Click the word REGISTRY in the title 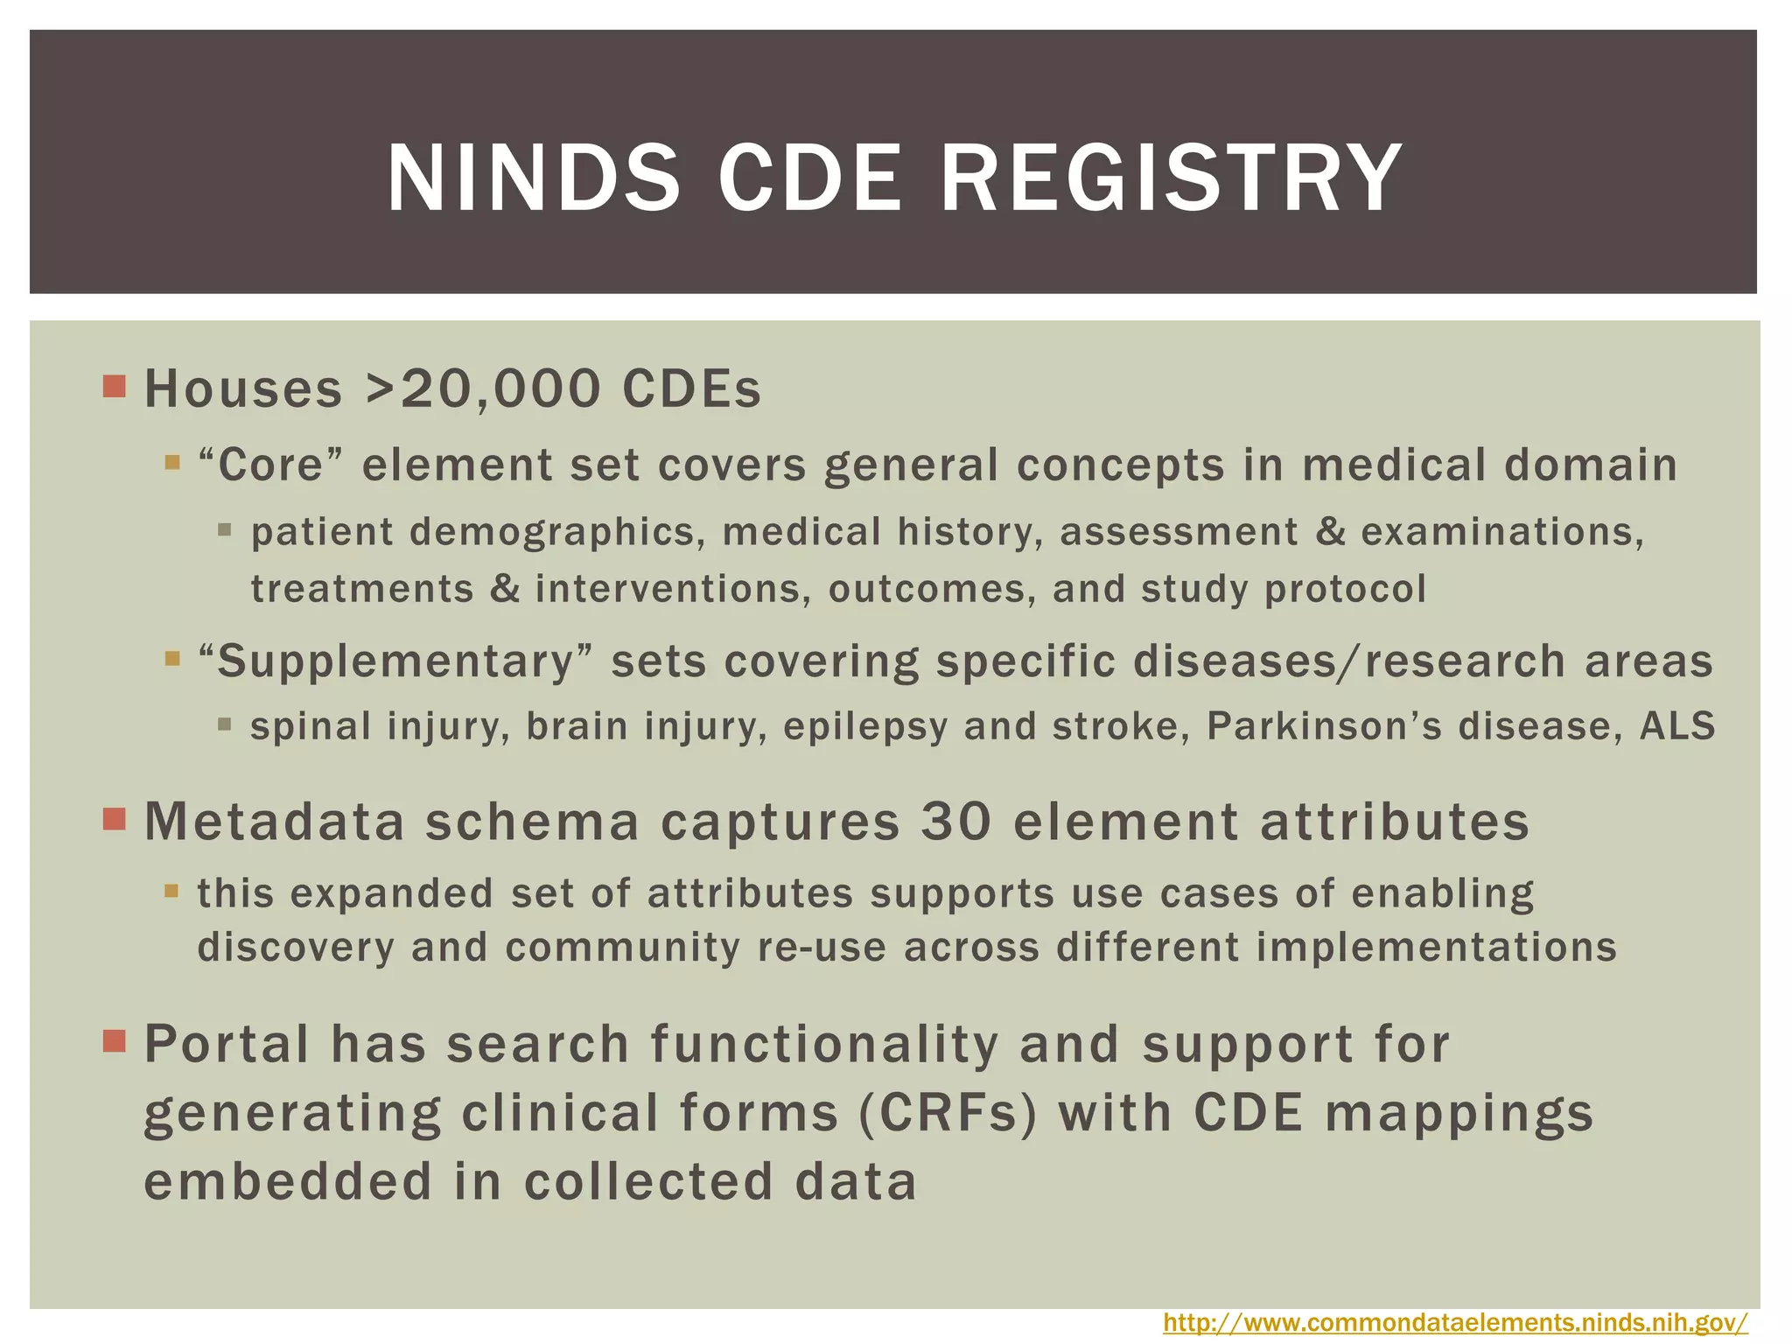(1172, 178)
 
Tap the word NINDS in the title (533, 178)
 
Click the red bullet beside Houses (115, 386)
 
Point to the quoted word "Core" (272, 465)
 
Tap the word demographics (556, 532)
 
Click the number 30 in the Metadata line (957, 822)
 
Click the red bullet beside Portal (115, 1041)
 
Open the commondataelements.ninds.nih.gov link (1455, 1322)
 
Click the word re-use (822, 947)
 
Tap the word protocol (1345, 589)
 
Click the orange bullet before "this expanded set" (171, 892)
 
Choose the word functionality (824, 1045)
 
